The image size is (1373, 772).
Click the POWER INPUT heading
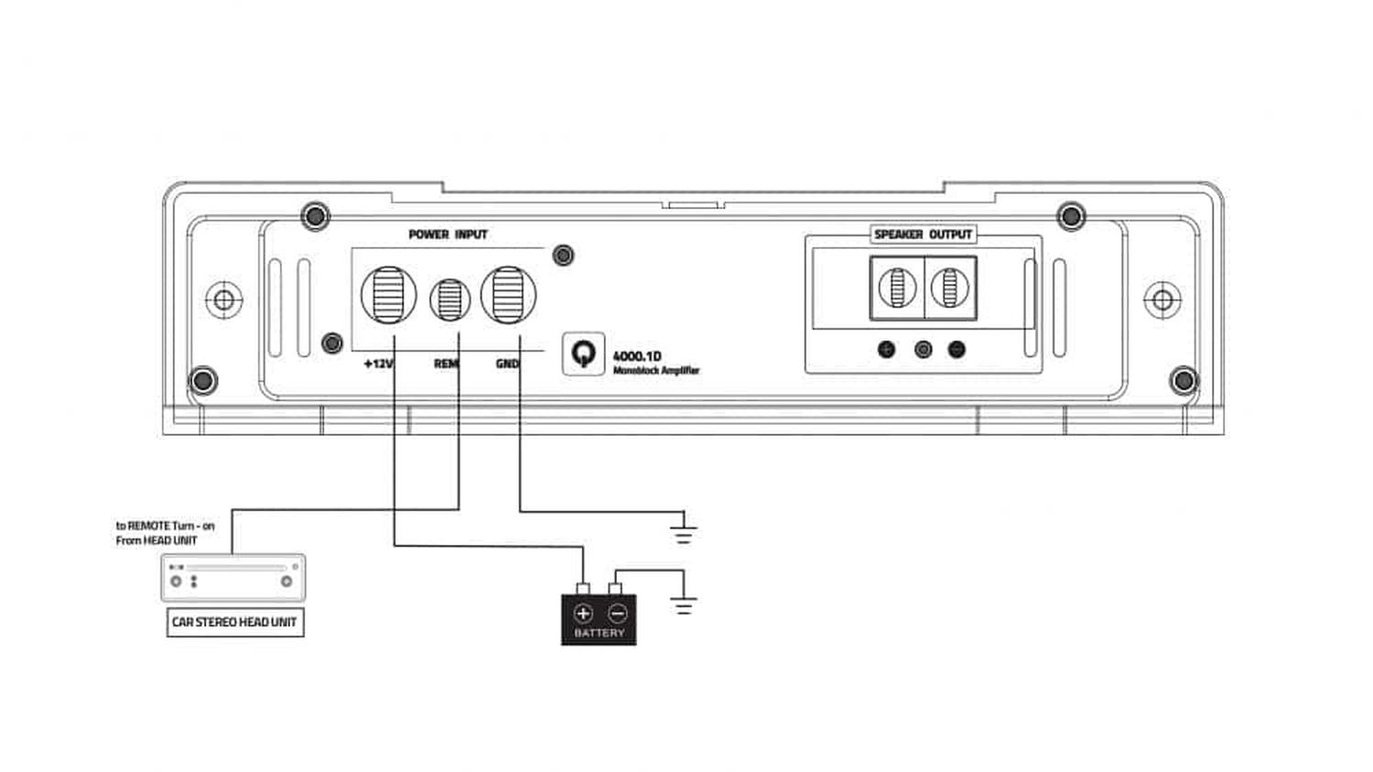coord(449,234)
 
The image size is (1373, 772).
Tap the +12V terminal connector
coord(389,295)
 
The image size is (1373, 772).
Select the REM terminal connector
coord(450,299)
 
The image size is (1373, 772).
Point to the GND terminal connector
coord(508,295)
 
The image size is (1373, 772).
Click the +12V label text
coord(379,364)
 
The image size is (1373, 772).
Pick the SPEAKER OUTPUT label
coord(923,234)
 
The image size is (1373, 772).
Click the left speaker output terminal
coord(897,288)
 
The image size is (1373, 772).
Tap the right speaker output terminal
coord(950,288)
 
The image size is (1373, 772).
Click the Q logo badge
coord(584,353)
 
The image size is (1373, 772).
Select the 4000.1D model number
coord(637,356)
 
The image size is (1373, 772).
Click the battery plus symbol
coord(583,614)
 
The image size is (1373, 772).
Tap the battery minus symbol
coord(617,614)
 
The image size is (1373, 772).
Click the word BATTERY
coord(600,633)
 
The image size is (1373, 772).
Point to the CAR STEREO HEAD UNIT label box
coord(235,623)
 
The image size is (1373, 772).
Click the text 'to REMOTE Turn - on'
coord(166,526)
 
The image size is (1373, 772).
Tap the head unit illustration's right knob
coord(286,582)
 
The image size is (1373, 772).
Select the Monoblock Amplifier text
coord(656,370)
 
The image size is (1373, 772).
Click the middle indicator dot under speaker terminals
coord(923,350)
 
